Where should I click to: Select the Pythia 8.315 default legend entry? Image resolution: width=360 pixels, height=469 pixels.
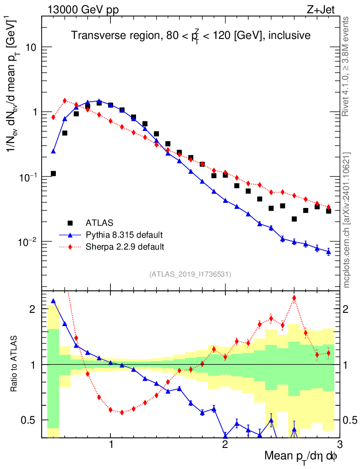pyautogui.click(x=124, y=235)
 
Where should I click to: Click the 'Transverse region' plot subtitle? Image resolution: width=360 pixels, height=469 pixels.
pyautogui.click(x=191, y=35)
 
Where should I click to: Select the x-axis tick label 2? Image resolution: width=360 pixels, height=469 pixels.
pyautogui.click(x=225, y=446)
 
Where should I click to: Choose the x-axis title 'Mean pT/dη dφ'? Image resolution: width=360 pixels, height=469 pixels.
pyautogui.click(x=301, y=457)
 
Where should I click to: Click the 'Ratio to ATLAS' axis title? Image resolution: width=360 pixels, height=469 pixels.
pyautogui.click(x=15, y=365)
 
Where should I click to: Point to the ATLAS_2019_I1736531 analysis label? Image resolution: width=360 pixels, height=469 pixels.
pyautogui.click(x=190, y=274)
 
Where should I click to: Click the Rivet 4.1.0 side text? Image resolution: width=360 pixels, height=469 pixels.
pyautogui.click(x=347, y=66)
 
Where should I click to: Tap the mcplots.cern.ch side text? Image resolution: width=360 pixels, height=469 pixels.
pyautogui.click(x=347, y=220)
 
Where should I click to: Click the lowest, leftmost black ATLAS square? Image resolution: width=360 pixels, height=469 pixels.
pyautogui.click(x=53, y=174)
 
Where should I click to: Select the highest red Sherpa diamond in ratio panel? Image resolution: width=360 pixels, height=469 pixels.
pyautogui.click(x=294, y=298)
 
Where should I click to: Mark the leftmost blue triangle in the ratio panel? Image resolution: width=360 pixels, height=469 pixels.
pyautogui.click(x=53, y=301)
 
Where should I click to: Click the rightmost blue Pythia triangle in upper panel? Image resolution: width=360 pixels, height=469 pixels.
pyautogui.click(x=328, y=252)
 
